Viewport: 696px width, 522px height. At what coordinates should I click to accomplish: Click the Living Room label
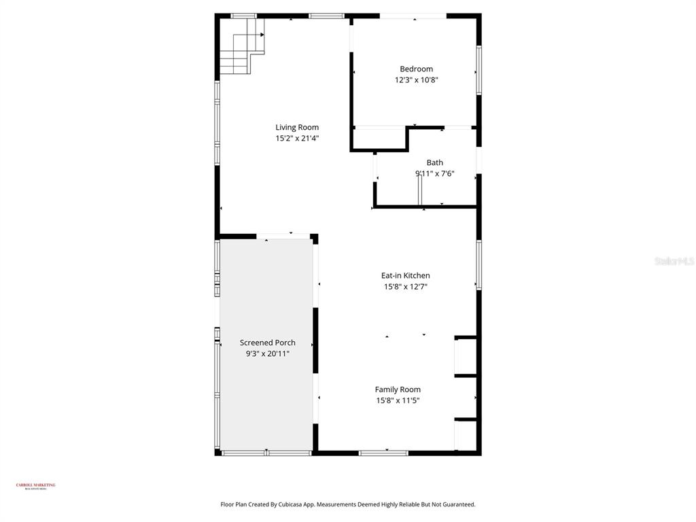297,127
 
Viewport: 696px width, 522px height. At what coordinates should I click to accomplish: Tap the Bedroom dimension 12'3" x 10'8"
416,80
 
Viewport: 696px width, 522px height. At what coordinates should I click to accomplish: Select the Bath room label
434,162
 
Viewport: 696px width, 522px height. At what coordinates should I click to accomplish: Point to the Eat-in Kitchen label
405,275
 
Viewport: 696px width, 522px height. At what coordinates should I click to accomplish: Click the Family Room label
398,389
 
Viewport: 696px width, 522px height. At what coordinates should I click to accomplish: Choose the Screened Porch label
267,343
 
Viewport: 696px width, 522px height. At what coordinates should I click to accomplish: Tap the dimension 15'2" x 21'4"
297,139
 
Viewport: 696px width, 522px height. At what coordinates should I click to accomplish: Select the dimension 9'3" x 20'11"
267,354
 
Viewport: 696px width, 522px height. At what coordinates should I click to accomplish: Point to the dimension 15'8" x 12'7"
405,287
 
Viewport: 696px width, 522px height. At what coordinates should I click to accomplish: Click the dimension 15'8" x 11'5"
398,401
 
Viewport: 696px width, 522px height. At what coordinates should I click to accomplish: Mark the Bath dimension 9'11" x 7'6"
435,174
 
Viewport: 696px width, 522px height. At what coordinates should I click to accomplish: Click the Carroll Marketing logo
35,486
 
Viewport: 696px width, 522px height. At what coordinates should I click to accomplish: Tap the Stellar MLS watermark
674,261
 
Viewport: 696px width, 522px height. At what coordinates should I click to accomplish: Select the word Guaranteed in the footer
457,504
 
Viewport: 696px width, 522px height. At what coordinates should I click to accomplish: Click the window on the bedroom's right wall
478,70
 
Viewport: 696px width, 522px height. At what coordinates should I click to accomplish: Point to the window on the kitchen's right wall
478,264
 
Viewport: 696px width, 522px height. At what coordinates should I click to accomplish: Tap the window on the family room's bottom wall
383,452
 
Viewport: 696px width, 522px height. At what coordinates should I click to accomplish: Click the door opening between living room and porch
283,236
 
